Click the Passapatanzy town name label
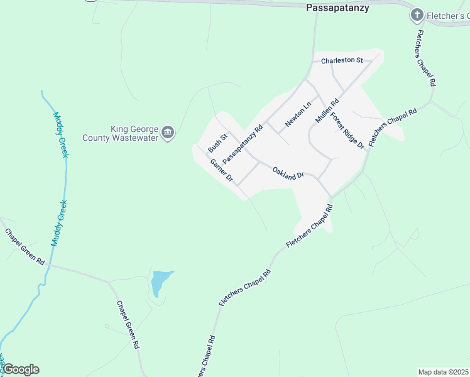[337, 8]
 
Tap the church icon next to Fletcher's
[416, 14]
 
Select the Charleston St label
[342, 61]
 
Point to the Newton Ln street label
[298, 115]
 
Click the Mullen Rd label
[327, 111]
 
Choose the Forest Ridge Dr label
[347, 130]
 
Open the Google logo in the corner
[20, 369]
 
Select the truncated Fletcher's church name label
[447, 14]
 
